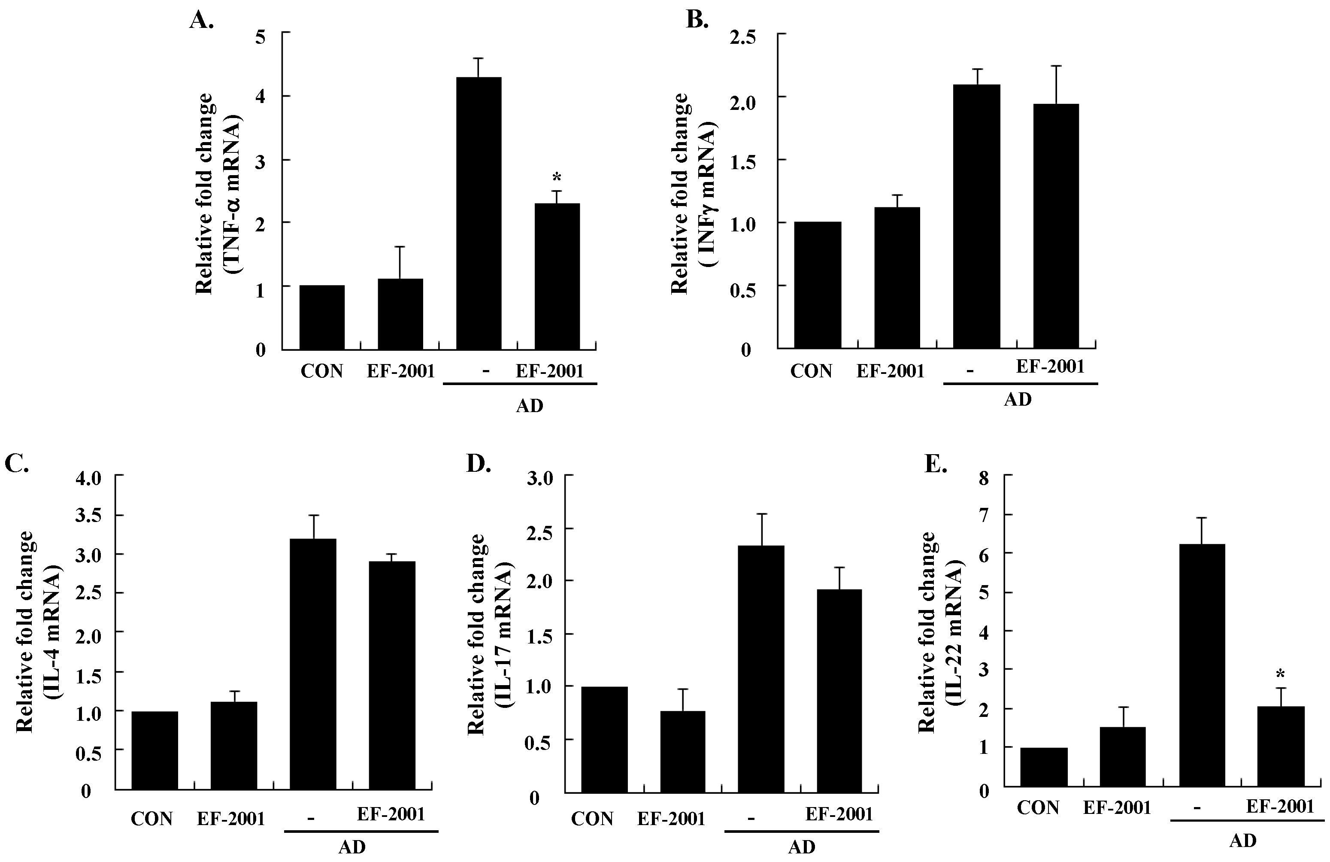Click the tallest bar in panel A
tap(479, 213)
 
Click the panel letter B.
tap(696, 20)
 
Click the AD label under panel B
tap(1017, 399)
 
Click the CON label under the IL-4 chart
tap(151, 819)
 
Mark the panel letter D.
tap(479, 464)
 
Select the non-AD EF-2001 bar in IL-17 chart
tap(682, 751)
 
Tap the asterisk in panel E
tap(1280, 674)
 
